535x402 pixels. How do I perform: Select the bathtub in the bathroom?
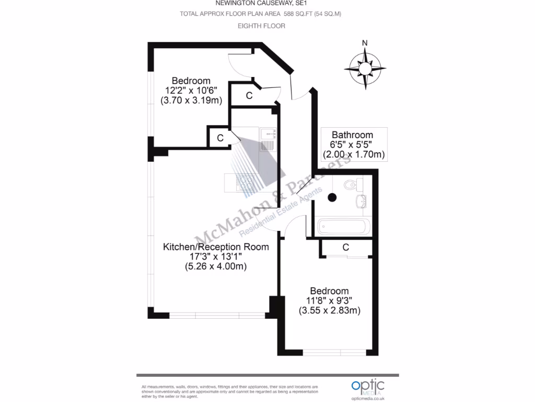click(x=344, y=228)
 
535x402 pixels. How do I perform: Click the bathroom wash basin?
click(x=361, y=201)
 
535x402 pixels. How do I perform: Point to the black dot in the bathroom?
click(x=331, y=197)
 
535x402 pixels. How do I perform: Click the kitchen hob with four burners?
click(x=246, y=183)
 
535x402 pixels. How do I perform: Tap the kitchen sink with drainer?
click(x=267, y=140)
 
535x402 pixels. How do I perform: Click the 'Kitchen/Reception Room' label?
click(x=216, y=247)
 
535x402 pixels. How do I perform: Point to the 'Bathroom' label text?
click(x=353, y=135)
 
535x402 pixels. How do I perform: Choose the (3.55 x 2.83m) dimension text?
click(x=330, y=310)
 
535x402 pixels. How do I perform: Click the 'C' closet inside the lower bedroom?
click(x=345, y=247)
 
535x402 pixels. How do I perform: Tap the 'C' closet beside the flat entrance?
click(x=249, y=95)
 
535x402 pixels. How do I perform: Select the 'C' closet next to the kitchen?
click(x=220, y=138)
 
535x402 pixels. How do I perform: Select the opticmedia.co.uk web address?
click(x=368, y=398)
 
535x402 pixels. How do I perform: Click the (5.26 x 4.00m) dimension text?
click(x=216, y=266)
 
